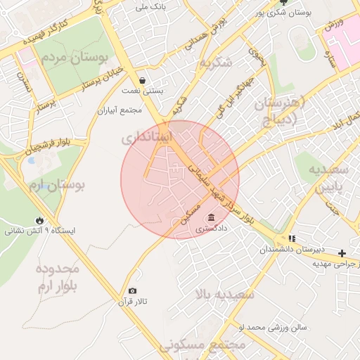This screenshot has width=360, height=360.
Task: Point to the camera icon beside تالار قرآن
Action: [133, 291]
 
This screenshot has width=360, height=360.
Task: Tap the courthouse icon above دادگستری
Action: [212, 217]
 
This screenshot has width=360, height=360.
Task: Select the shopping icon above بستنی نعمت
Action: [143, 80]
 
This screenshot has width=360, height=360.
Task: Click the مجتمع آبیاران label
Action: [122, 110]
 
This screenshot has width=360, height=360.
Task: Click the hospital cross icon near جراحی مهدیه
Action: [342, 253]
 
